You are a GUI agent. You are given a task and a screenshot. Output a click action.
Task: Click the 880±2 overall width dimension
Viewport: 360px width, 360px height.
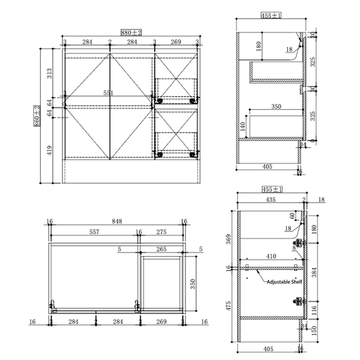pyautogui.click(x=131, y=33)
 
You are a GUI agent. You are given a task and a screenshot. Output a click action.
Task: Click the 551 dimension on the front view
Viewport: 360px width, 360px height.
pyautogui.click(x=109, y=93)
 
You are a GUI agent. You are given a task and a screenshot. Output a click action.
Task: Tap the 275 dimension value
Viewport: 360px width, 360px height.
pyautogui.click(x=161, y=232)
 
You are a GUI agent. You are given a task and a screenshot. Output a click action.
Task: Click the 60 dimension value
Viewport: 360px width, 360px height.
pyautogui.click(x=292, y=215)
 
